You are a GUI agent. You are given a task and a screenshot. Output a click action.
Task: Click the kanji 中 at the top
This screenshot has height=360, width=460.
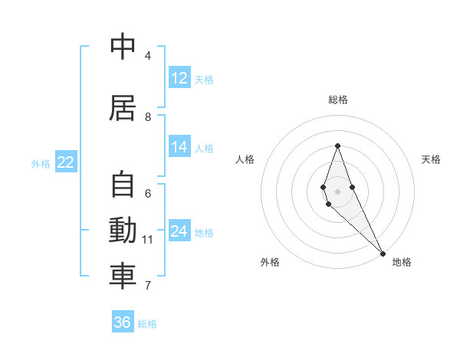[x=123, y=47]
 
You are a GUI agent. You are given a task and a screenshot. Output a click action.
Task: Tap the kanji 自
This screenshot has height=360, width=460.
[x=123, y=185]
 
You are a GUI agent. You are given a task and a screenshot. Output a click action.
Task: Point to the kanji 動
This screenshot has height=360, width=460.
[x=123, y=230]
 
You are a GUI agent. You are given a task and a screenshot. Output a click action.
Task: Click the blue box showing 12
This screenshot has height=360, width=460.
[x=179, y=78]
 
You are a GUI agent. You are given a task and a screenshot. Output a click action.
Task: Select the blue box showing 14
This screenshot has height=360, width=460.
[x=179, y=148]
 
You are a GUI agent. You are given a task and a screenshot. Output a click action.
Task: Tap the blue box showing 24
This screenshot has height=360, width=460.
[x=179, y=232]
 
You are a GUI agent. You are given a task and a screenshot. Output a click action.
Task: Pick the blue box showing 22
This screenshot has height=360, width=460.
[x=66, y=162]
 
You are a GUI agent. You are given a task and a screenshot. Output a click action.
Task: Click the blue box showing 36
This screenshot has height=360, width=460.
[x=123, y=322]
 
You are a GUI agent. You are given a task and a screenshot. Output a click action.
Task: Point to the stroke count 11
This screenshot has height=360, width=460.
[x=148, y=240]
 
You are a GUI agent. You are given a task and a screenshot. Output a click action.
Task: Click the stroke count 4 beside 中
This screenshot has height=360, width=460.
[x=148, y=56]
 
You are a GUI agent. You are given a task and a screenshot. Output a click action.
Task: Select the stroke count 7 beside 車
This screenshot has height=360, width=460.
[x=148, y=286]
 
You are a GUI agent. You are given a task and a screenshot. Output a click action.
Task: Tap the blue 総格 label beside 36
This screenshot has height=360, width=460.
[x=147, y=324]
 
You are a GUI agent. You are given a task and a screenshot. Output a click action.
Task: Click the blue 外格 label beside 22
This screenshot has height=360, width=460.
[x=41, y=163]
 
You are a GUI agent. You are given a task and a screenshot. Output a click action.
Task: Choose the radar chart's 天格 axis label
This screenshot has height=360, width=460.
[x=431, y=159]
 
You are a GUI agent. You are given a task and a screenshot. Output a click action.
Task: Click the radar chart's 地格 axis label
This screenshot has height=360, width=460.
[x=402, y=262]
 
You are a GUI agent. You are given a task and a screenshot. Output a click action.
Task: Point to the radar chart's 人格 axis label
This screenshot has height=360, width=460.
[x=245, y=159]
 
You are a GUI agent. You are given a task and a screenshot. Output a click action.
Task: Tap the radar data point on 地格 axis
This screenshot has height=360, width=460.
[x=383, y=254]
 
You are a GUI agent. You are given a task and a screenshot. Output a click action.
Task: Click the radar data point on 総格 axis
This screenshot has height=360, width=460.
[x=337, y=146]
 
